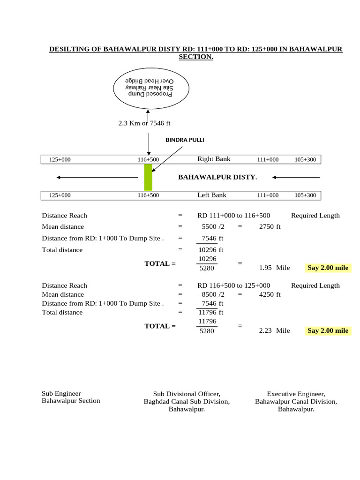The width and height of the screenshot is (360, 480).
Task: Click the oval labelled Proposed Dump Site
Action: (151, 88)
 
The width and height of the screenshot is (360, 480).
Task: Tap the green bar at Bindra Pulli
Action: (148, 177)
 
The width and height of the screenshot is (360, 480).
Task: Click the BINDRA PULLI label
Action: (185, 140)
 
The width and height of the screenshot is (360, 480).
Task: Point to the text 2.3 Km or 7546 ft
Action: (144, 123)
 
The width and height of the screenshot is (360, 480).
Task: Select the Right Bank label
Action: (214, 159)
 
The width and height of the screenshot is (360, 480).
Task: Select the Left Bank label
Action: (212, 195)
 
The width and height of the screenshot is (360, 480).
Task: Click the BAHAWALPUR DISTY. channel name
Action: (217, 177)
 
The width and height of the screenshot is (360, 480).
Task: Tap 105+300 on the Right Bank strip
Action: (305, 159)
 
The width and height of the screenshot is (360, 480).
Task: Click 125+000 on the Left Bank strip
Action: (60, 195)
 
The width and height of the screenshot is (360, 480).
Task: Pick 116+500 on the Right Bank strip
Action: (148, 159)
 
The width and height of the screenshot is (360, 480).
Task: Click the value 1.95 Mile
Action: (274, 268)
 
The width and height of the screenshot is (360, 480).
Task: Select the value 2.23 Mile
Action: (274, 330)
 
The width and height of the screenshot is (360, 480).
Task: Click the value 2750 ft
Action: (270, 227)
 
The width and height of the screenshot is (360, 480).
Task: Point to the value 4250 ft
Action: (270, 294)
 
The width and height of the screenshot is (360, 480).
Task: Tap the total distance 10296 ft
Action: (211, 250)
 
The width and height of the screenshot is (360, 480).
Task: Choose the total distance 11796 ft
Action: (211, 312)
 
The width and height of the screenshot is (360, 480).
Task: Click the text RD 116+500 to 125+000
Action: (234, 285)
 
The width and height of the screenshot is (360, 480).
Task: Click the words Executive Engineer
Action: (296, 394)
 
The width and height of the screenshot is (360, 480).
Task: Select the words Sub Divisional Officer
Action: (187, 394)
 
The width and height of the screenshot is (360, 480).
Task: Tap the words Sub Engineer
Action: (61, 393)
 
